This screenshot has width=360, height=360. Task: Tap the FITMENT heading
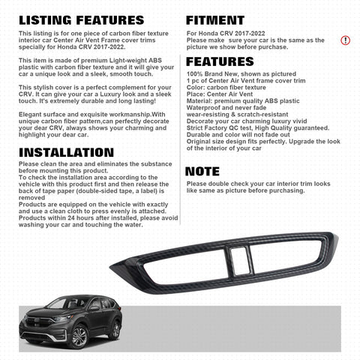[x=215, y=20]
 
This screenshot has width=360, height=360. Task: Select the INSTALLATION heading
[x=65, y=153]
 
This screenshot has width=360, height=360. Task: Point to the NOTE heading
[x=202, y=172]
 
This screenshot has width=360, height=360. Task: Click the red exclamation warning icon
[x=345, y=40]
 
